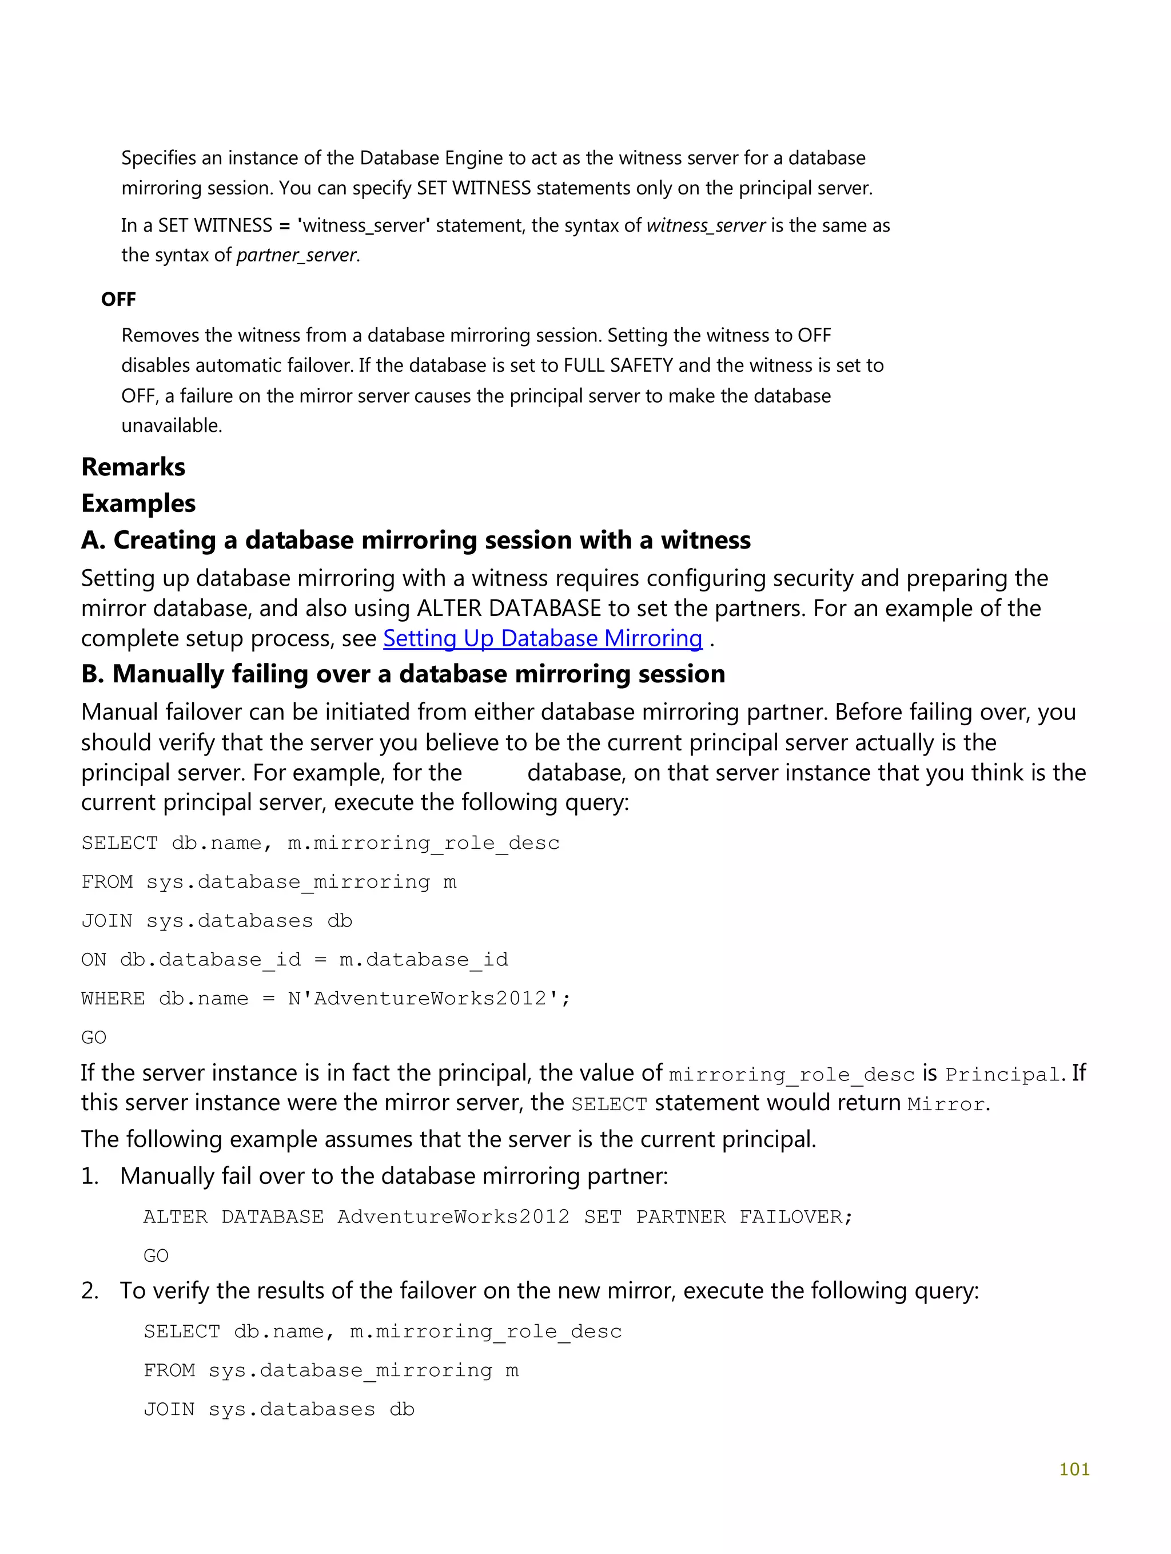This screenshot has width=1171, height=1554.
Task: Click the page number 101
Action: pos(1073,1468)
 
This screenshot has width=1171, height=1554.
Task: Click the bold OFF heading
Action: pos(118,299)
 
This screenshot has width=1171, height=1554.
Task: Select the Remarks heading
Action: pos(133,467)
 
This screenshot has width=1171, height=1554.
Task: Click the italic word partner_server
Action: pos(296,255)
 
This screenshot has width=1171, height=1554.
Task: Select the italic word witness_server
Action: pos(705,225)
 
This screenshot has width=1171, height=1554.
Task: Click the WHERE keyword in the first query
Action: pos(113,998)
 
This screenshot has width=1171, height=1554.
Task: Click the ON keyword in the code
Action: pos(93,960)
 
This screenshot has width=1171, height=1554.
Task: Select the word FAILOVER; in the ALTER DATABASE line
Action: pos(796,1217)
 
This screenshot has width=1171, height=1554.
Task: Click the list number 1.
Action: pos(89,1176)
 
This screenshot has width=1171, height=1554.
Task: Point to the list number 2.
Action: pos(89,1290)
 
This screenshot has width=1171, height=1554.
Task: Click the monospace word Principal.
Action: pos(1002,1075)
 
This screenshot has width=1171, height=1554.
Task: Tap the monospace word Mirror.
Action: pos(946,1104)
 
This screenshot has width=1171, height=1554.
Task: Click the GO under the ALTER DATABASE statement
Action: pos(156,1255)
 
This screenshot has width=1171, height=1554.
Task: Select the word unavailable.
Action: pos(171,426)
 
